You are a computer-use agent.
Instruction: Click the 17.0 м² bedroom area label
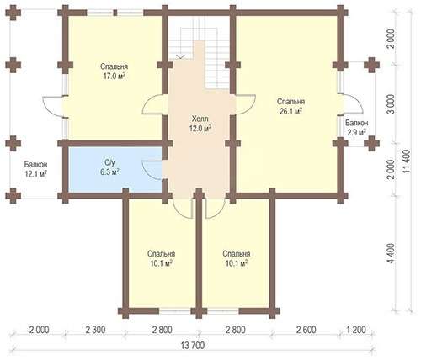coord(115,71)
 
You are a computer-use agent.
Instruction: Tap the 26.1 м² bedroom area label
coord(290,106)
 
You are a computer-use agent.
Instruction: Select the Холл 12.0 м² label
coord(200,124)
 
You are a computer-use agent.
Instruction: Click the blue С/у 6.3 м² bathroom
coord(115,170)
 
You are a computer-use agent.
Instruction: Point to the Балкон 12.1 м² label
coord(35,169)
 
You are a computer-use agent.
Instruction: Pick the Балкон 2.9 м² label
coord(357,127)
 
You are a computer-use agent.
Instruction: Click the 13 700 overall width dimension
coord(193,346)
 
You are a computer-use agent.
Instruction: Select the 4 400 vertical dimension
coord(390,253)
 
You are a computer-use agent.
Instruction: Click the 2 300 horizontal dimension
coord(95,330)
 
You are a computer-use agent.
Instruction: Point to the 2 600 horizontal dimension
coord(306,330)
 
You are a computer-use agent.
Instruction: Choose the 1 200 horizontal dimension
coord(355,330)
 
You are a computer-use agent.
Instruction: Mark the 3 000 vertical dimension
coord(390,103)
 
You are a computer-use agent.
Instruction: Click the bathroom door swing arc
coord(148,170)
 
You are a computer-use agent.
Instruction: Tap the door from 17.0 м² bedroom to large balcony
coord(53,106)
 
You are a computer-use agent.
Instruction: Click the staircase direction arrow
coord(180,57)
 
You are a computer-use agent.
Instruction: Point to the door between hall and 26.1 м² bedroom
coord(246,104)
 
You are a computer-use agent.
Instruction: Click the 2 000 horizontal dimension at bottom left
coord(39,330)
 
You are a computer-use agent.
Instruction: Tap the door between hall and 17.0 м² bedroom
coord(153,104)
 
